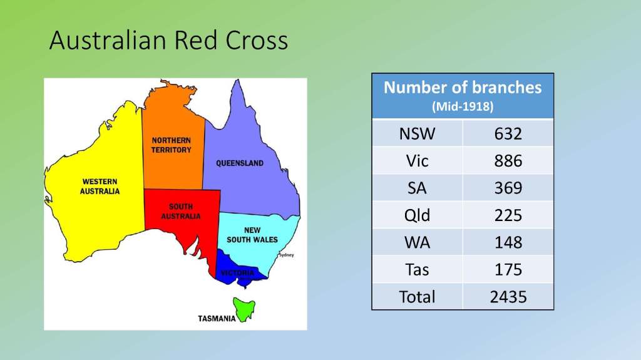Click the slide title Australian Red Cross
[168, 40]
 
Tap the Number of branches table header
[463, 88]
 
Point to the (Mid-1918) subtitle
[463, 106]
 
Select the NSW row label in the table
[417, 134]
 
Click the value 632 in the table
[508, 134]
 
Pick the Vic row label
[417, 161]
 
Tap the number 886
[508, 161]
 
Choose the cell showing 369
[508, 188]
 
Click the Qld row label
[417, 215]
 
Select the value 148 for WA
[508, 242]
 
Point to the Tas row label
[417, 270]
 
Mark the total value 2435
[508, 297]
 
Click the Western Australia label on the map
[100, 186]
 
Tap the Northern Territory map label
[172, 145]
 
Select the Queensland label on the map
[240, 163]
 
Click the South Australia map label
[181, 212]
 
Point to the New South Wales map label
[252, 235]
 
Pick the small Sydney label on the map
[286, 255]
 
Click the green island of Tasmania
[244, 309]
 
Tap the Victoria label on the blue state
[237, 273]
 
